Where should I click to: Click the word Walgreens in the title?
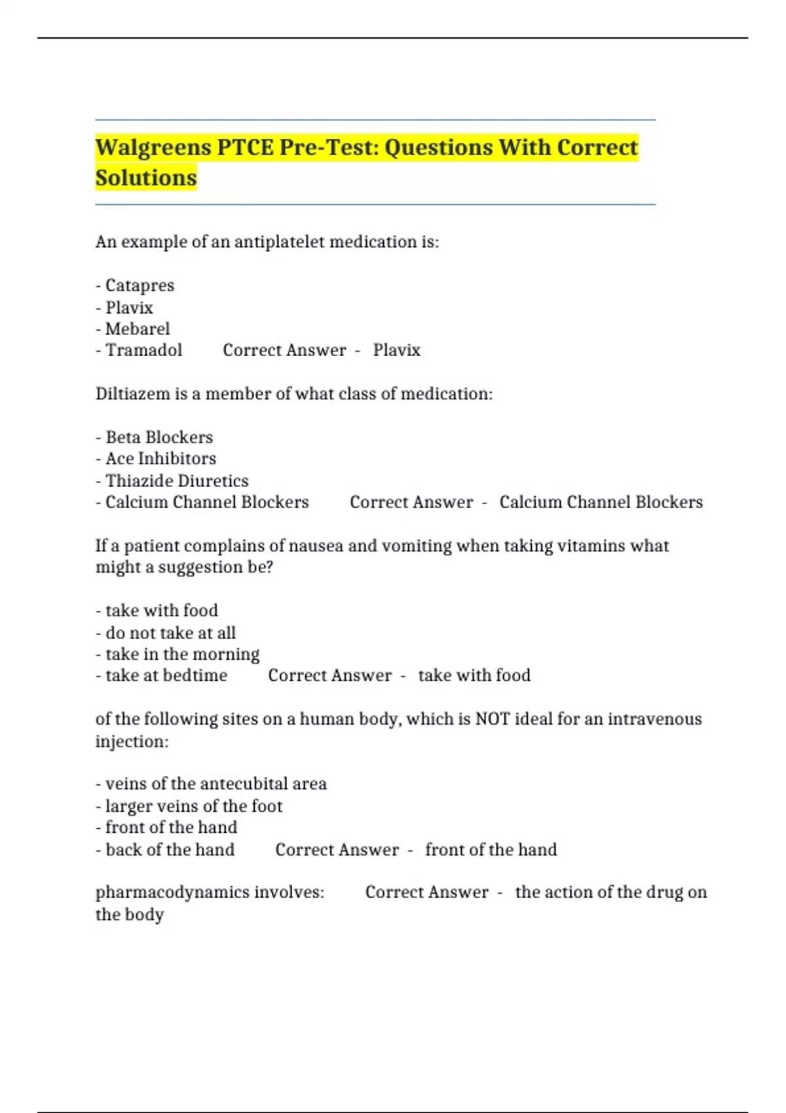(153, 148)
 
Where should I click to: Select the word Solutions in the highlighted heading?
(145, 178)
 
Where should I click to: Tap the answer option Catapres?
(140, 285)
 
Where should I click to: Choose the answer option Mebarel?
(137, 329)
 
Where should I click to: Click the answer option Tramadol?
(143, 350)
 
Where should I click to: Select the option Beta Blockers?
(159, 437)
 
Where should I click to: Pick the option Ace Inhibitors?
(160, 459)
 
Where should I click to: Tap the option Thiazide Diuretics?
(177, 481)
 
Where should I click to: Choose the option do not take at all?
(170, 633)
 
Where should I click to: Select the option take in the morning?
(182, 655)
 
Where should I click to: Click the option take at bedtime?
(166, 676)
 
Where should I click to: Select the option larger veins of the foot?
(194, 806)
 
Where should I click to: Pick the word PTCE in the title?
(245, 148)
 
